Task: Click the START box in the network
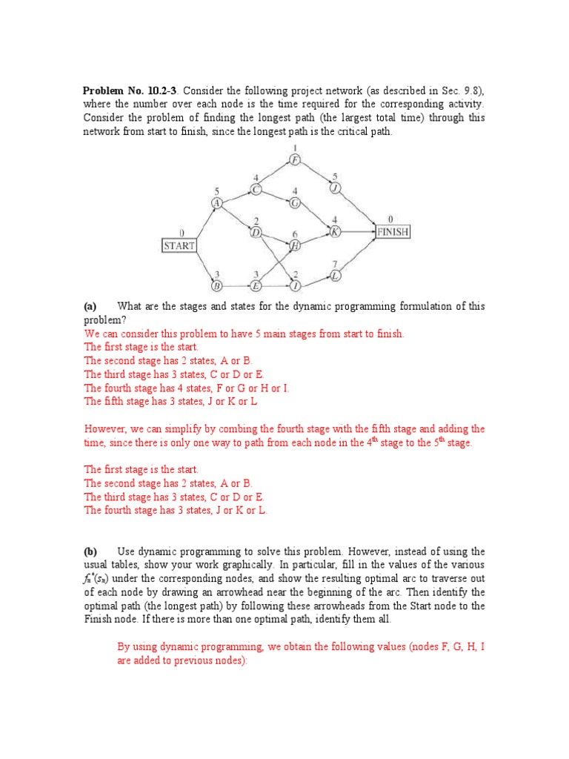pyautogui.click(x=179, y=245)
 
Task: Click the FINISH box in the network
pyautogui.click(x=393, y=231)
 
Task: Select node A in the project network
pyautogui.click(x=217, y=203)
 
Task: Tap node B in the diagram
pyautogui.click(x=217, y=285)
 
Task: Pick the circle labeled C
pyautogui.click(x=256, y=189)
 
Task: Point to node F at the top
pyautogui.click(x=295, y=159)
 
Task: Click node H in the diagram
pyautogui.click(x=295, y=245)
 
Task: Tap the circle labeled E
pyautogui.click(x=256, y=285)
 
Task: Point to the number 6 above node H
pyautogui.click(x=295, y=234)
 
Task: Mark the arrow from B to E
pyautogui.click(x=236, y=285)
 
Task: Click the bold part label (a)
pyautogui.click(x=90, y=306)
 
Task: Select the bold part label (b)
pyautogui.click(x=90, y=551)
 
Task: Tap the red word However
pyautogui.click(x=105, y=428)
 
